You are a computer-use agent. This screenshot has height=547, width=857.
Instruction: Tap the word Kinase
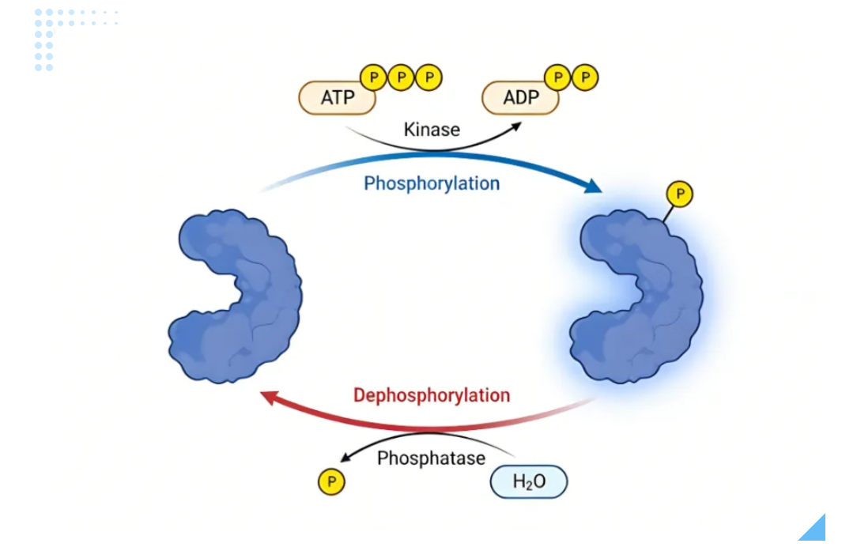coord(432,129)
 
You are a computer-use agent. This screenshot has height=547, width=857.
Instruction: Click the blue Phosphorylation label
coord(432,183)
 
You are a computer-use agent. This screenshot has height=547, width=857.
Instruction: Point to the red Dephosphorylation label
coord(432,394)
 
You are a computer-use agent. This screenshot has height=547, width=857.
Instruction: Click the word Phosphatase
coord(431,458)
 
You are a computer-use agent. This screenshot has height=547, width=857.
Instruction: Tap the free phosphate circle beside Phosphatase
coord(331,482)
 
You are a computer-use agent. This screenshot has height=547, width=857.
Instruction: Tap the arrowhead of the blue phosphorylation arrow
coord(593,187)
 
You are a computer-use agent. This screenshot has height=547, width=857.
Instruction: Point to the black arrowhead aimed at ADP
coord(517,126)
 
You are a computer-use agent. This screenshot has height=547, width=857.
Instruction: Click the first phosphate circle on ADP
coord(558,77)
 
